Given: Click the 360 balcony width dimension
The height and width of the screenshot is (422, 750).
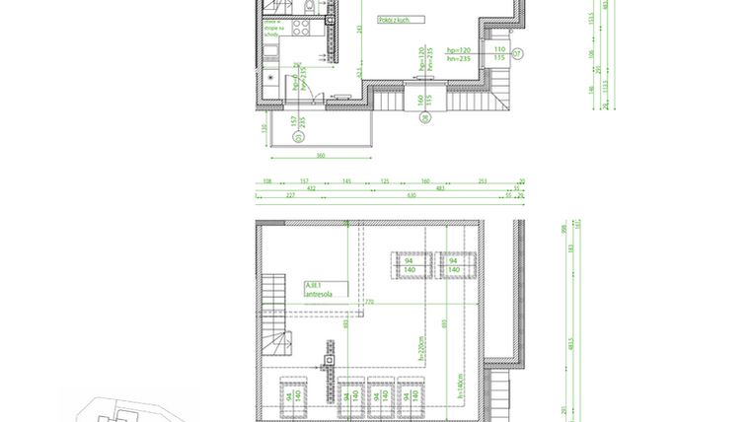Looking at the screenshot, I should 320,155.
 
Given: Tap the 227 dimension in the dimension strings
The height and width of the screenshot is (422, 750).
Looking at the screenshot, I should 290,194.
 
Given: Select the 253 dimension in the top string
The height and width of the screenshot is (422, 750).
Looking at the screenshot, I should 484,181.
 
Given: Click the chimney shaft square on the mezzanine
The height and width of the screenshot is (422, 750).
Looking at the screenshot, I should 330,364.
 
